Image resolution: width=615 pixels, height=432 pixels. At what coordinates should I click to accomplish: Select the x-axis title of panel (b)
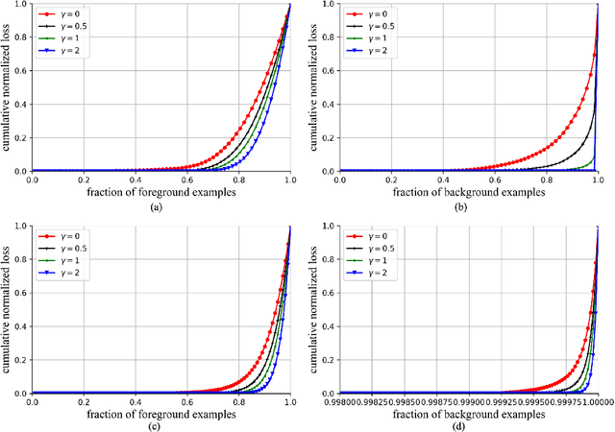pos(465,190)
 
